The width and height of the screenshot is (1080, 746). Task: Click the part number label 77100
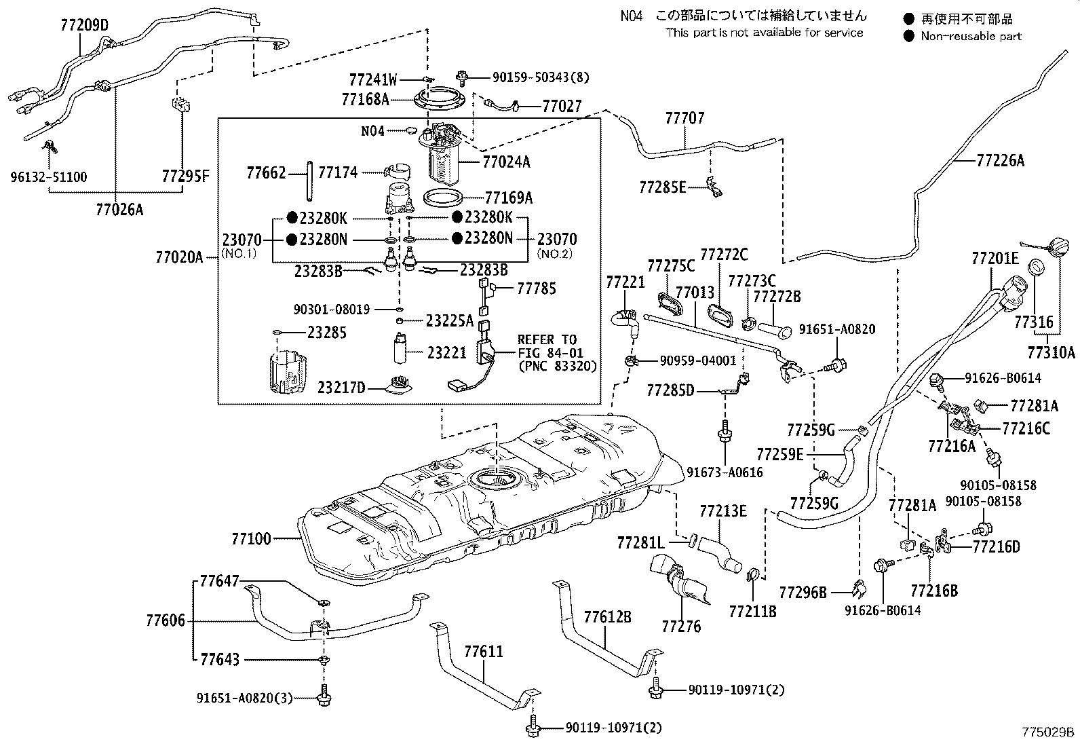pos(251,539)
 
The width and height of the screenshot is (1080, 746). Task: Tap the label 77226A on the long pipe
pos(1000,161)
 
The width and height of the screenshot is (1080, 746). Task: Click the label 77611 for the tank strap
pos(484,652)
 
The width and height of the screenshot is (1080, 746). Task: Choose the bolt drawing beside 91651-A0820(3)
pos(323,698)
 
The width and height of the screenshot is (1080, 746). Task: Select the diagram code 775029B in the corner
pos(1049,732)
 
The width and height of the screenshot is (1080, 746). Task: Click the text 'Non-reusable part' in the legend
pos(971,37)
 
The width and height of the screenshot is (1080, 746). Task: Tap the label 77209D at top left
pos(83,26)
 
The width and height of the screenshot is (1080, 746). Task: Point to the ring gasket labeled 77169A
pos(444,198)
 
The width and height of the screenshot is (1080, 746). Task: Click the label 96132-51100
pos(48,177)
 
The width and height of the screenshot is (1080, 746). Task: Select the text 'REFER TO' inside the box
pos(547,339)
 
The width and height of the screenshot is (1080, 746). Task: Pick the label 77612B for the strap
pos(608,616)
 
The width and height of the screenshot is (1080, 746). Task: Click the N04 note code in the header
pos(631,16)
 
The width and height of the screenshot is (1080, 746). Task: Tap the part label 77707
pos(684,118)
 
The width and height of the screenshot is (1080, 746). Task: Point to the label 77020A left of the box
pos(179,257)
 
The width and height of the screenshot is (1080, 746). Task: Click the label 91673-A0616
pos(725,472)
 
